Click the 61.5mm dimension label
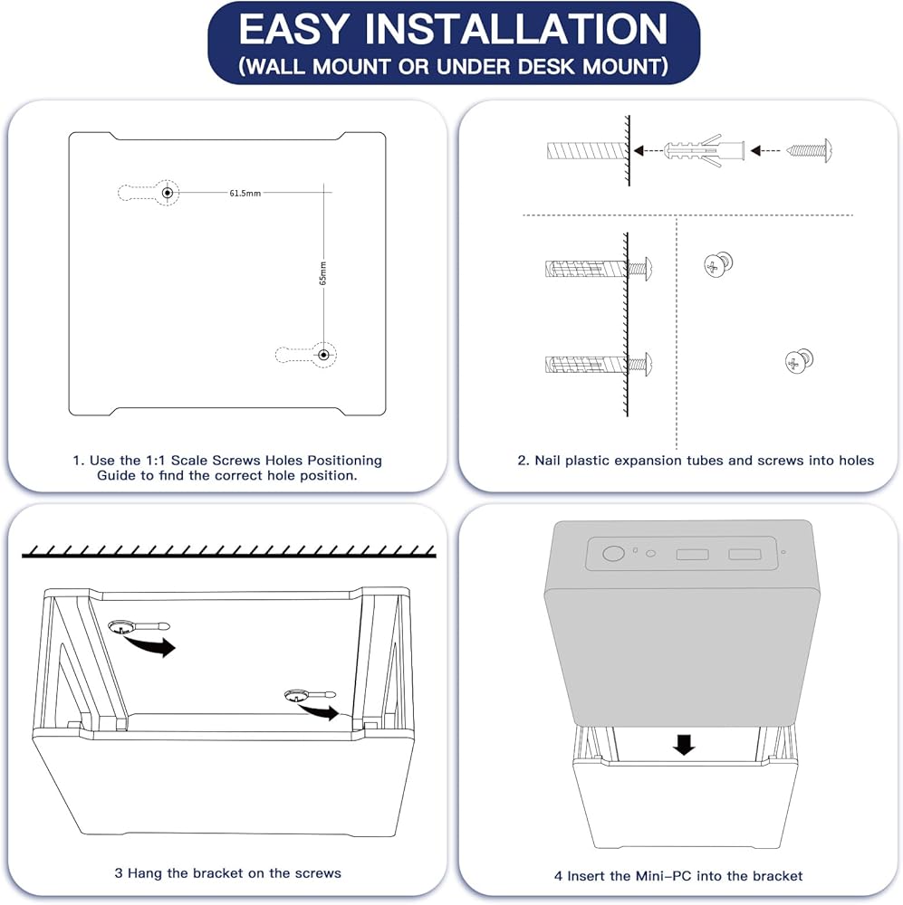(x=245, y=194)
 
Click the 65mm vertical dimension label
(x=323, y=273)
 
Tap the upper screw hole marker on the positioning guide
(x=168, y=192)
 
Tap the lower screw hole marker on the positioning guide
(x=324, y=355)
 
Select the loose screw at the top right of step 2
(x=810, y=150)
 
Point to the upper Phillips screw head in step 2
(x=718, y=265)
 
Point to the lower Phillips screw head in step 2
(x=799, y=361)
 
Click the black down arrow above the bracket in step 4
(x=684, y=745)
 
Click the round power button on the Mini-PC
(x=613, y=554)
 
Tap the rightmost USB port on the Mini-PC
(x=744, y=554)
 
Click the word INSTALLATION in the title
(x=516, y=29)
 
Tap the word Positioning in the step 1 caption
(x=344, y=461)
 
